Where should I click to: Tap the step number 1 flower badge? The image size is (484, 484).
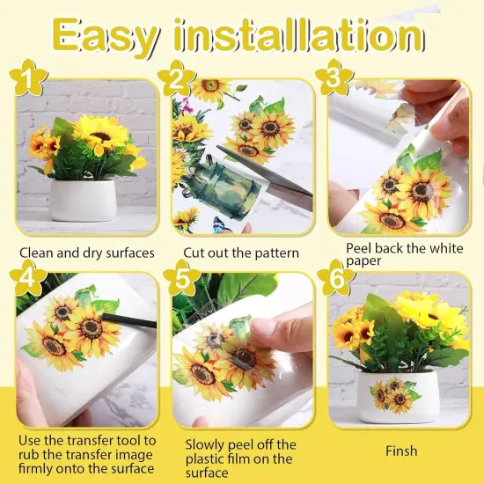(30, 79)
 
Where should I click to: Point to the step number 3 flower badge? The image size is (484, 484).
(333, 79)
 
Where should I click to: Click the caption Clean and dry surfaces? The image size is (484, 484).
(86, 253)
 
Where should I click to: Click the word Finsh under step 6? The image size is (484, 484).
(400, 451)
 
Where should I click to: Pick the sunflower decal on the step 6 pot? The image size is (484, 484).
(395, 395)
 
